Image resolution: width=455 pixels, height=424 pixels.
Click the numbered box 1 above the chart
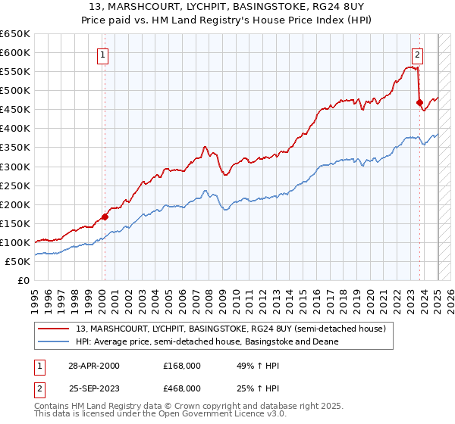(x=102, y=54)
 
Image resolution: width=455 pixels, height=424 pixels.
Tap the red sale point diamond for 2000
(x=105, y=216)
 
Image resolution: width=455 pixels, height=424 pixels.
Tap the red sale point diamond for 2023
(x=419, y=102)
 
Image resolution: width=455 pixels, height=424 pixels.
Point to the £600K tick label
(x=15, y=52)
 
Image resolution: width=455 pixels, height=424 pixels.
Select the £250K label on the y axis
(x=15, y=185)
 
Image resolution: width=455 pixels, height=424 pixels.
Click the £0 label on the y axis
(x=23, y=280)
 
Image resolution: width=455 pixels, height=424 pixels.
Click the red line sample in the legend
(x=55, y=329)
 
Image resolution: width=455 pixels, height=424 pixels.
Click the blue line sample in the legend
(x=55, y=341)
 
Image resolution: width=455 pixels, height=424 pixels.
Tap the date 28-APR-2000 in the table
(x=93, y=366)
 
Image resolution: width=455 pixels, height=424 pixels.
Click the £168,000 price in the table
(x=182, y=366)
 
